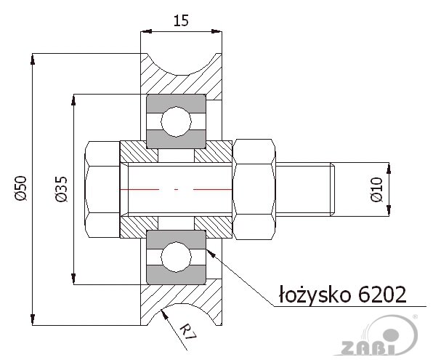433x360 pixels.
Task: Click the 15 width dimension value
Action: [x=181, y=20]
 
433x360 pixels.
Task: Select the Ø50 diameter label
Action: [x=21, y=188]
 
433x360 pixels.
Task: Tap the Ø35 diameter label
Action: [x=61, y=189]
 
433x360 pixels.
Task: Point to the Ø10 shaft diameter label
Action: [x=376, y=190]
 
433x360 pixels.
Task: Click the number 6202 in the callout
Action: [x=382, y=295]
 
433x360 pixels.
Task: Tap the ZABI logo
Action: [x=378, y=336]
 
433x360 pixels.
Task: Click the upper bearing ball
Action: [x=177, y=121]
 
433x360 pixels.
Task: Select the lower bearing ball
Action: [x=177, y=257]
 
